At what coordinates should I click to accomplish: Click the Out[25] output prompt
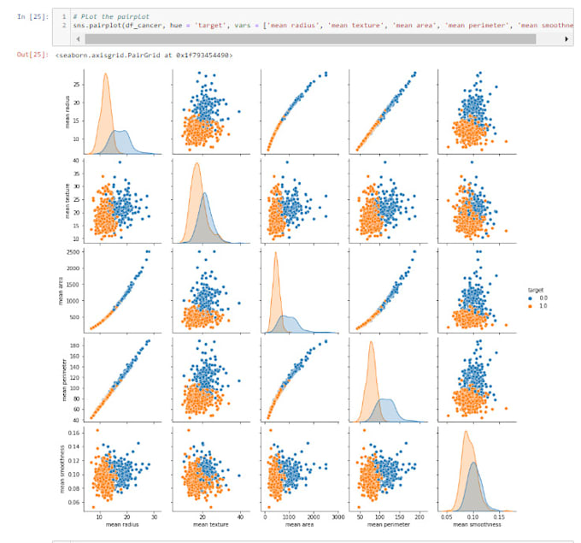pos(32,56)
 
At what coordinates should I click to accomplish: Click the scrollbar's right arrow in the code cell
pos(568,39)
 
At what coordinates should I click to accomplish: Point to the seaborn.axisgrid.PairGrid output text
pos(141,56)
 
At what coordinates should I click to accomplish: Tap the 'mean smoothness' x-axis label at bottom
pos(471,525)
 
